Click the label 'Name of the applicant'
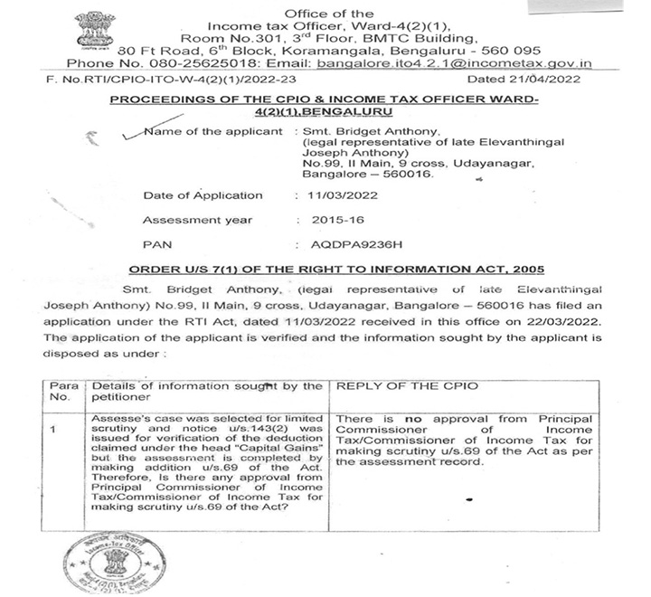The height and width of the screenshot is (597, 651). (x=212, y=132)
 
